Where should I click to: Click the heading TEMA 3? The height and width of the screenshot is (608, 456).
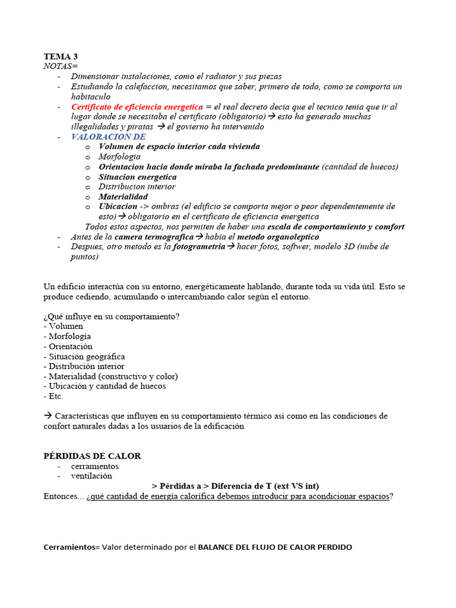point(61,56)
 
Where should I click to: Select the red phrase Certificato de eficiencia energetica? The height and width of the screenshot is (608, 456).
point(137,107)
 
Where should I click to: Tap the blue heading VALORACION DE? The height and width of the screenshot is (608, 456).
point(108,137)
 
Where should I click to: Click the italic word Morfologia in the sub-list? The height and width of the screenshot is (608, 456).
point(119,157)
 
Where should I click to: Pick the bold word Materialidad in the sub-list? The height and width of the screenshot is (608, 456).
point(123,197)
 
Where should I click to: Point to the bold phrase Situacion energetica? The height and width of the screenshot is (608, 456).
point(137,177)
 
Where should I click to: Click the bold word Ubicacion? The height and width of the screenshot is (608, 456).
point(118,207)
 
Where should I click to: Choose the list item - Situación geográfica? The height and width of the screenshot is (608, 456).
point(84,356)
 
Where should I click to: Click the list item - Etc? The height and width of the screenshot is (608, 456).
point(53,396)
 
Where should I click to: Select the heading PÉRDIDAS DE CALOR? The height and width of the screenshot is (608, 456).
point(93,456)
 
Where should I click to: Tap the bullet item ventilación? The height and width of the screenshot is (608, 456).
point(91,476)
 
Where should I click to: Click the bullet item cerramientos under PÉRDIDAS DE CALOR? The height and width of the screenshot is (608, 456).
point(94,466)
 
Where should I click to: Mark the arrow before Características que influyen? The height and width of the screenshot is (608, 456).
point(47,416)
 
